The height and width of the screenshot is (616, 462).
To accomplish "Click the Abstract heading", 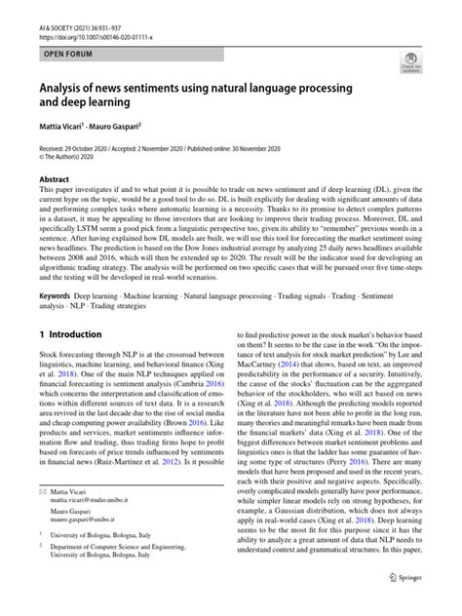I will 54,180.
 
